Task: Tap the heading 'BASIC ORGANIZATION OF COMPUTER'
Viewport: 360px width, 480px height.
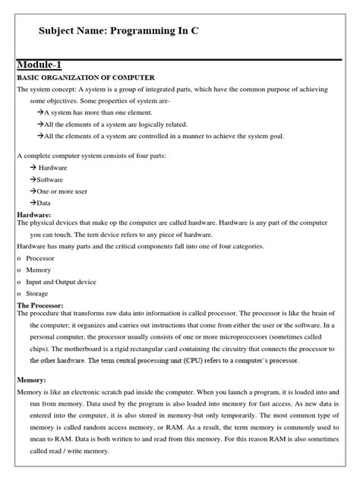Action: click(x=85, y=78)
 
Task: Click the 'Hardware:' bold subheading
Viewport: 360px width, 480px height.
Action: click(x=35, y=215)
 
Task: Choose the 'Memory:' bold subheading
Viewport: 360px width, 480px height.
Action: click(x=32, y=379)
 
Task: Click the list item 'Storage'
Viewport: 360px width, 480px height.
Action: click(x=37, y=293)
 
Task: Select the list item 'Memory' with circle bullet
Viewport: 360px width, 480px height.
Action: click(x=39, y=270)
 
